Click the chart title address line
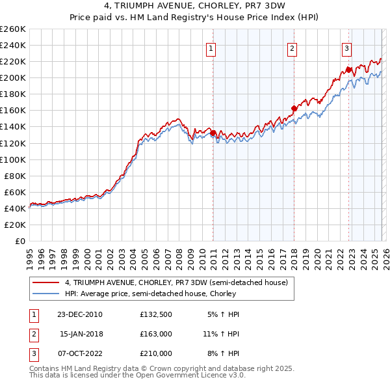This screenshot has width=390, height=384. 195,7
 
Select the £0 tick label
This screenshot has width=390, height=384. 20,241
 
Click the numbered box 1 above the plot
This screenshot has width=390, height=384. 212,48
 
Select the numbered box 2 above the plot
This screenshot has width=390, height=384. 292,48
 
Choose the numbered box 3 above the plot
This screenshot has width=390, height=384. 347,48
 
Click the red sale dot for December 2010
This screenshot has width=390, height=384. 213,133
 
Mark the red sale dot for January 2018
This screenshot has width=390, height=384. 294,108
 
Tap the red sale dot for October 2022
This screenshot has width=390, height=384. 348,70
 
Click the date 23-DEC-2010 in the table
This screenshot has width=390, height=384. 80,314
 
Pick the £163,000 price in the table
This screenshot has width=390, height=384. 155,334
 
